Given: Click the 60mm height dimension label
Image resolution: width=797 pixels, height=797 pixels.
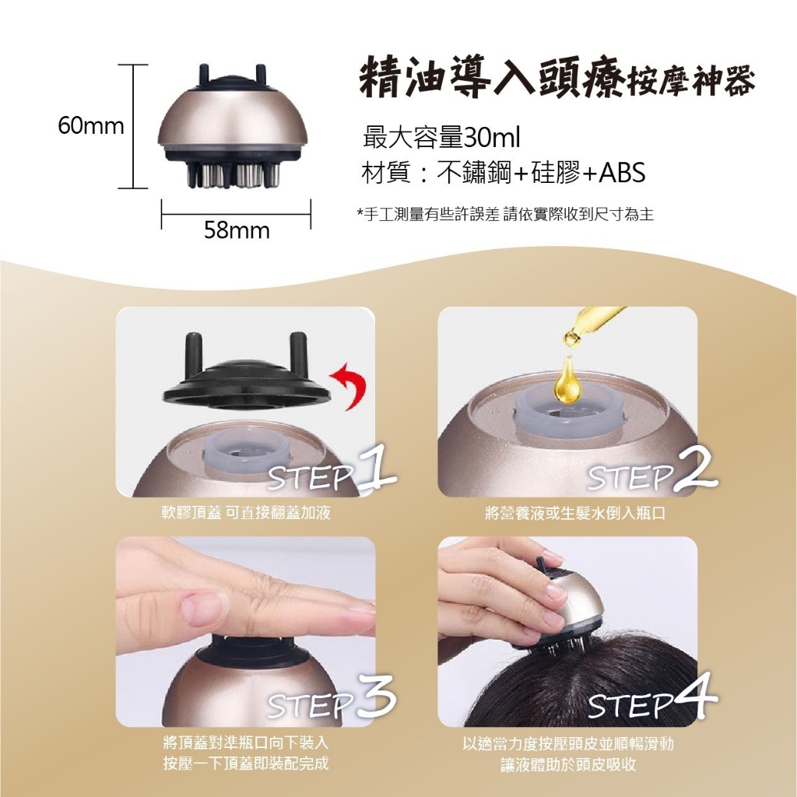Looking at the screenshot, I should point(91,126).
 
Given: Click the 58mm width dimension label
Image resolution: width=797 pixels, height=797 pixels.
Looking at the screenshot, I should point(237,230).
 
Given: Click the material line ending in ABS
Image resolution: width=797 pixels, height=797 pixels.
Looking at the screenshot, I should point(504,173).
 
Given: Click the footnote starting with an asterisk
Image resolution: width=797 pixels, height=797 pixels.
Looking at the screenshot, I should point(504,215).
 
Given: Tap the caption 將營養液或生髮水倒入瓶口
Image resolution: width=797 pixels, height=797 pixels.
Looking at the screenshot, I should point(567,514).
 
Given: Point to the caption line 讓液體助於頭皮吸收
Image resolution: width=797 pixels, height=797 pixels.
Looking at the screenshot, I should point(568,764).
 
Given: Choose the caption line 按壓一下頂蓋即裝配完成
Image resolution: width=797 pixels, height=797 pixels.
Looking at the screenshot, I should point(246,763).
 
